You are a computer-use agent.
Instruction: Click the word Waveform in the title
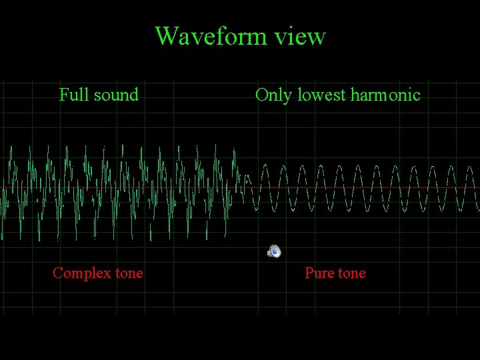click(213, 35)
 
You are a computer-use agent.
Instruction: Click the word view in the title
click(303, 36)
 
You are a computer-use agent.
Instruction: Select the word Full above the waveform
click(71, 95)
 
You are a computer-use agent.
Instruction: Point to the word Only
click(274, 95)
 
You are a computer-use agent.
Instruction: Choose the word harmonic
click(385, 95)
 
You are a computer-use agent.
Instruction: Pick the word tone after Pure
click(351, 273)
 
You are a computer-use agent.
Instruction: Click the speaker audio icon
click(274, 251)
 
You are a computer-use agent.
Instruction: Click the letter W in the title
click(166, 35)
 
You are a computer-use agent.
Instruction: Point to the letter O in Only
click(261, 95)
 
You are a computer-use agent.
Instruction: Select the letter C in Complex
click(57, 273)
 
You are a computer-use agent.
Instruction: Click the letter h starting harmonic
click(354, 95)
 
